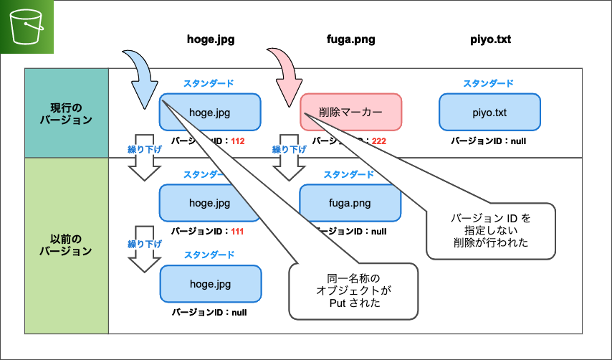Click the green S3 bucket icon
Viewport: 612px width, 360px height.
[27, 27]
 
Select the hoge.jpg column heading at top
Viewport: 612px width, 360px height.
[210, 41]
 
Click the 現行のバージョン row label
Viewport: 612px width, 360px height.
[66, 113]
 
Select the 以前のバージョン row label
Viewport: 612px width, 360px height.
[66, 245]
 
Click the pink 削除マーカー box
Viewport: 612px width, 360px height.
[350, 112]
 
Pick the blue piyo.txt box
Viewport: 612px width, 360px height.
[489, 112]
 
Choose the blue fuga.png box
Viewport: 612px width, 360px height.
[350, 203]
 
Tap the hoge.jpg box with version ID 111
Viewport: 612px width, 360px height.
[209, 203]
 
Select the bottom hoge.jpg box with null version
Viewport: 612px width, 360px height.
[209, 283]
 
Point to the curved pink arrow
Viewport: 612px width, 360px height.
[286, 75]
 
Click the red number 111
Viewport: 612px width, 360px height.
[238, 232]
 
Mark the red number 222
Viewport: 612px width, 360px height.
[378, 141]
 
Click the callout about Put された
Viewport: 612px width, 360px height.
[353, 291]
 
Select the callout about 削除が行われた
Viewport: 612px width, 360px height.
[491, 229]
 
